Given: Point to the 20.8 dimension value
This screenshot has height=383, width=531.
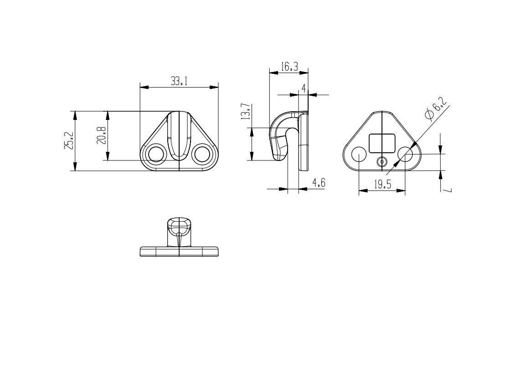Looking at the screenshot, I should click(102, 135).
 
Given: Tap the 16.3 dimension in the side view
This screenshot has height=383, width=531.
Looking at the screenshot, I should click(289, 67).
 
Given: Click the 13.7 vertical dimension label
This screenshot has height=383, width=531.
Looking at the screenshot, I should click(245, 111).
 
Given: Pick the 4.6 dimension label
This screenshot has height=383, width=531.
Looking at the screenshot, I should click(318, 183).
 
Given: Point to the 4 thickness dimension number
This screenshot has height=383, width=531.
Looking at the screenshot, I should click(304, 88).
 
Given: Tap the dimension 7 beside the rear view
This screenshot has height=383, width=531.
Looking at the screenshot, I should click(449, 188).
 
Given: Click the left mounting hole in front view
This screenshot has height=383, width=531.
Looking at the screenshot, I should click(156, 154).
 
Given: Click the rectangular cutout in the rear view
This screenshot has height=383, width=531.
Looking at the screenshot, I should click(382, 143).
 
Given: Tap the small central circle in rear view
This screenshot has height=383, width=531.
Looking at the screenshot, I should click(382, 162).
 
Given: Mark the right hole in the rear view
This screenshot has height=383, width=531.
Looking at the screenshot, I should click(405, 155).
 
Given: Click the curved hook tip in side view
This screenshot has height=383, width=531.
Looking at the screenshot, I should click(279, 155).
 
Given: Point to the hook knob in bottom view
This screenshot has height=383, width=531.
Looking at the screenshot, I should click(179, 225).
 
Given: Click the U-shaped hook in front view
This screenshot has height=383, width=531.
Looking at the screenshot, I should click(179, 137).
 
